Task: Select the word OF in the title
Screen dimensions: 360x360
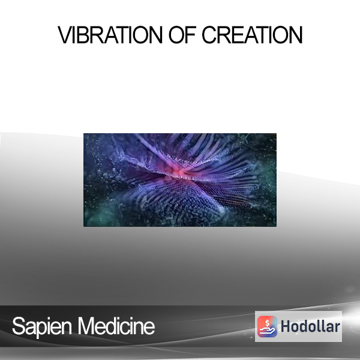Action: coord(182,35)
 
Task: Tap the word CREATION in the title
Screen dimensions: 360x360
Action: coord(252,35)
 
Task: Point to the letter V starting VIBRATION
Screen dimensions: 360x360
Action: coord(65,35)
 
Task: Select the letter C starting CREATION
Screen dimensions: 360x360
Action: coord(209,35)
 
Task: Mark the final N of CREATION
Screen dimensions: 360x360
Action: coord(296,35)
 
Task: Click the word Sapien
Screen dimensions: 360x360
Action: coord(42,327)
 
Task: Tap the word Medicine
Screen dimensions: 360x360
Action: coord(116,326)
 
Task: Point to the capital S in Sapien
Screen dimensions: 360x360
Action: coord(19,326)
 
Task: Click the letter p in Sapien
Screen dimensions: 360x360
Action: coord(42,329)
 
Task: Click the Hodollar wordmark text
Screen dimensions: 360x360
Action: coord(310,326)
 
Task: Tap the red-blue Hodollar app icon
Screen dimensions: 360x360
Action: coord(267,326)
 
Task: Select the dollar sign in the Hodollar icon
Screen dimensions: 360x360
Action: coord(267,323)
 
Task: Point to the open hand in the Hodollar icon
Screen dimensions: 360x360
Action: coord(267,331)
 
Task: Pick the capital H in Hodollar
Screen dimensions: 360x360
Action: coord(285,326)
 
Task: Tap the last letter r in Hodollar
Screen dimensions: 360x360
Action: coord(337,328)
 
